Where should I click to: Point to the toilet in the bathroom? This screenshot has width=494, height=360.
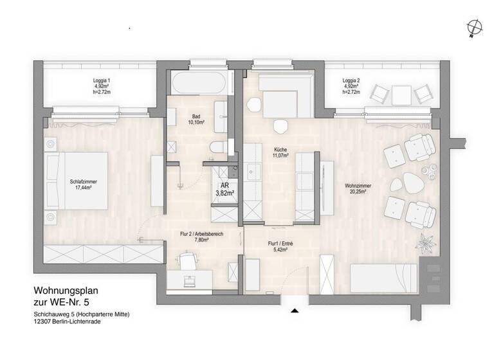click(217, 147)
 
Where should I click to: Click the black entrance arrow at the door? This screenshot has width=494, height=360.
click(295, 311)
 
